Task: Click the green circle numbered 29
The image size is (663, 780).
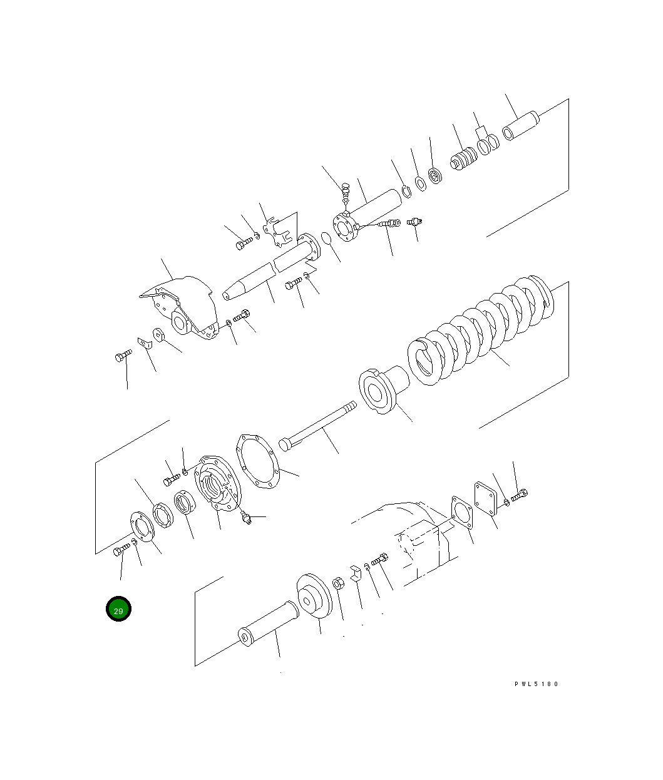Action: (118, 608)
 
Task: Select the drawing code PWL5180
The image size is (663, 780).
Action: (536, 684)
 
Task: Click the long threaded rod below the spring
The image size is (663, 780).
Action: (317, 426)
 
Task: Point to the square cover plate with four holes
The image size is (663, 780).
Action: (485, 498)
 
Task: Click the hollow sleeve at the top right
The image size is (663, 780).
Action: (521, 125)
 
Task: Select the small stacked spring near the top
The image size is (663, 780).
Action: (464, 158)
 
